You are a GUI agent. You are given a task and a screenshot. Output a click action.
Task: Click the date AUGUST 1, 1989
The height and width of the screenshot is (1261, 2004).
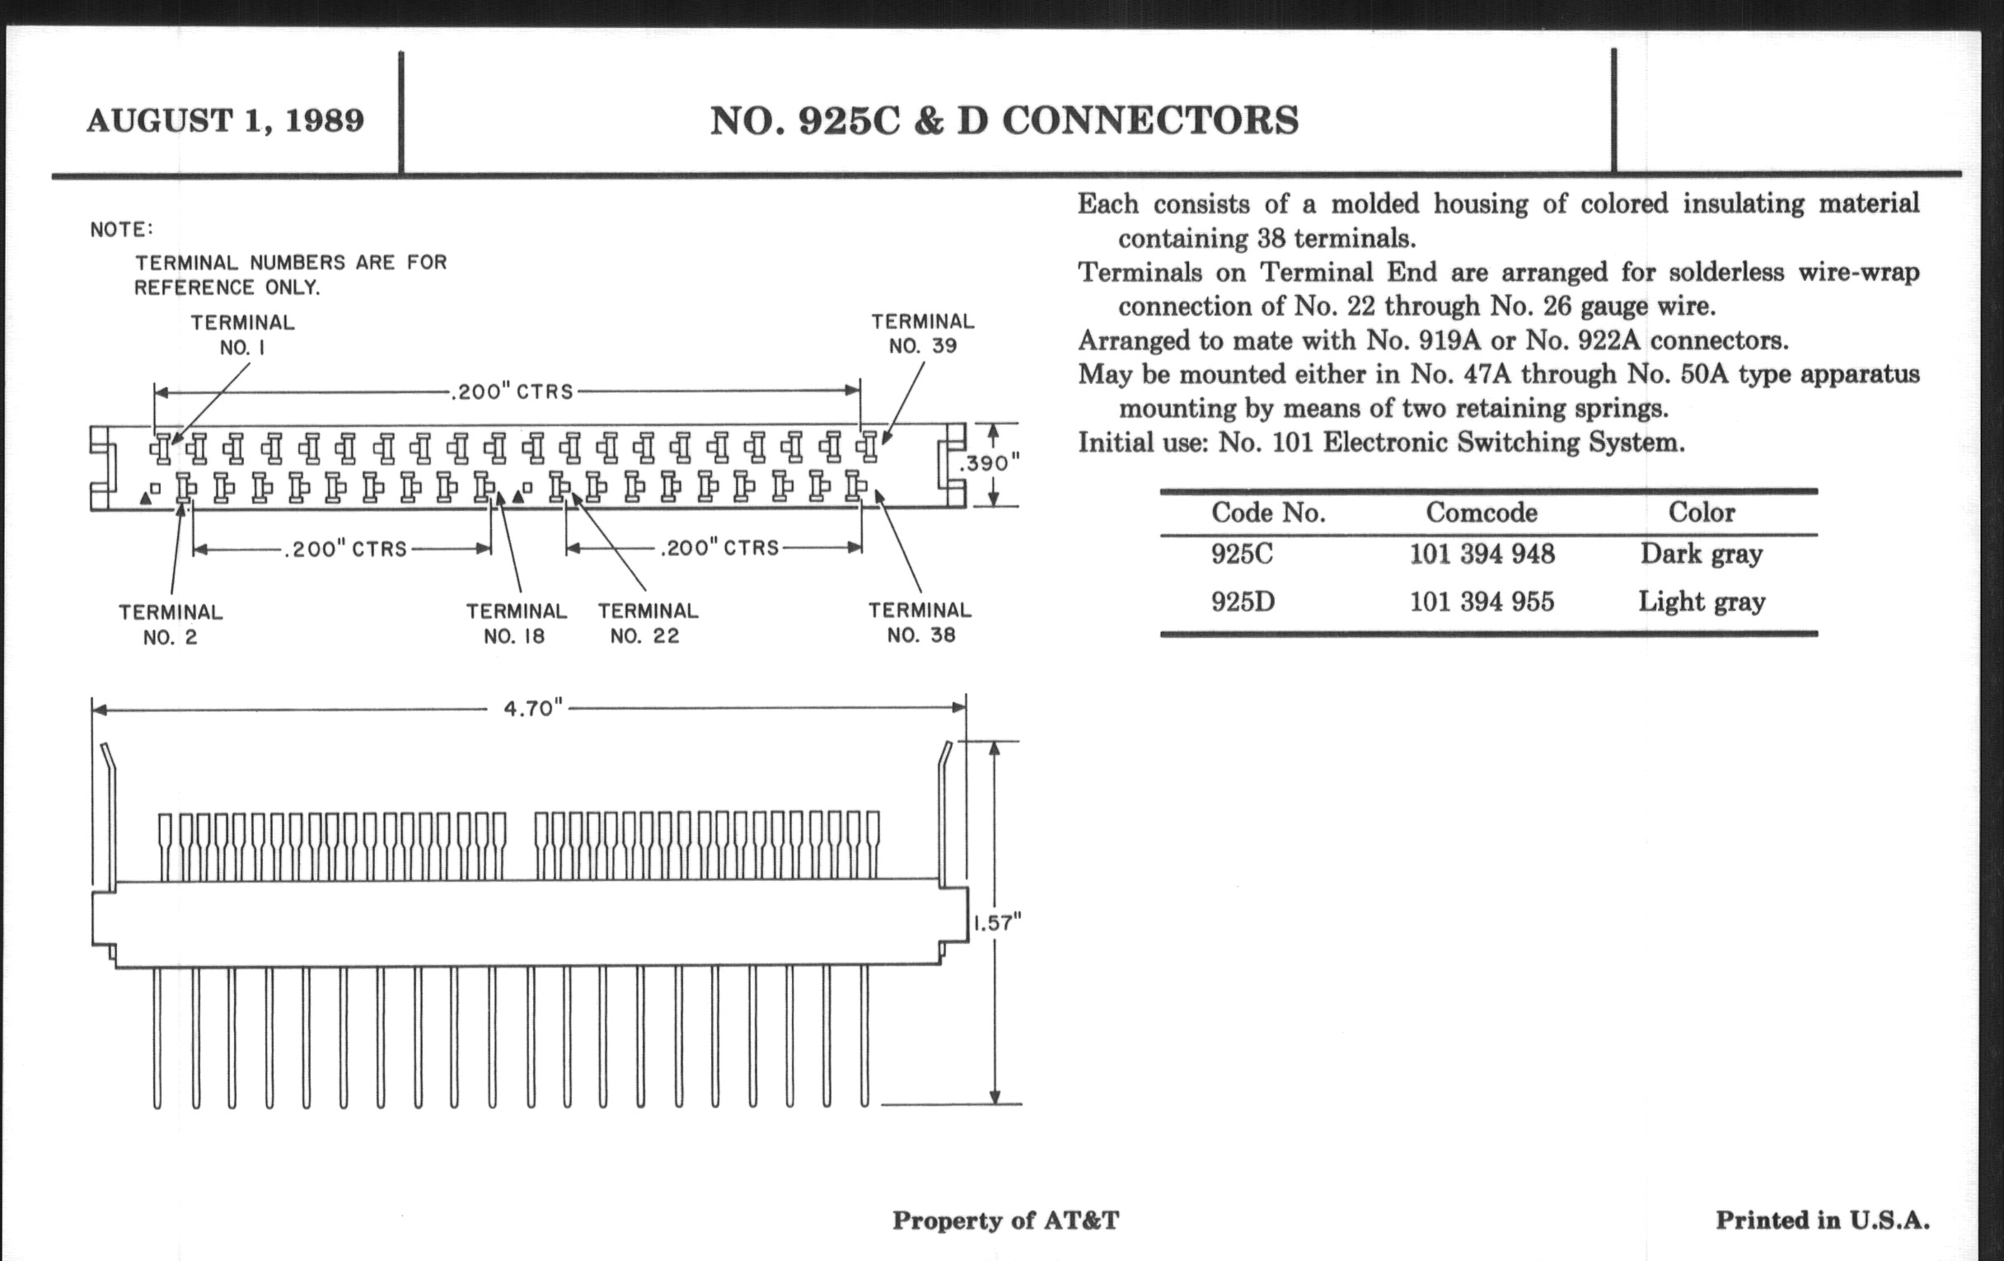click(x=226, y=120)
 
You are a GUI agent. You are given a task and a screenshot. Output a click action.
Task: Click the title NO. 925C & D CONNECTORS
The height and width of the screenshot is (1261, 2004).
click(x=1004, y=120)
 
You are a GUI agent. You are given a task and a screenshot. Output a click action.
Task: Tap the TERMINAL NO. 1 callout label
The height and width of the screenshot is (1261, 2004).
click(x=242, y=335)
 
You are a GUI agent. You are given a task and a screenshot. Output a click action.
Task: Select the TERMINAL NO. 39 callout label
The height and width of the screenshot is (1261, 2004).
click(x=923, y=334)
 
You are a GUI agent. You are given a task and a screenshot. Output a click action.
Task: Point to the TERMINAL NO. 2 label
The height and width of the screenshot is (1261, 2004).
click(x=171, y=625)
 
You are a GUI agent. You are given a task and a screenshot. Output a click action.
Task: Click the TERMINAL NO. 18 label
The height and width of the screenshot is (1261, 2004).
click(x=516, y=623)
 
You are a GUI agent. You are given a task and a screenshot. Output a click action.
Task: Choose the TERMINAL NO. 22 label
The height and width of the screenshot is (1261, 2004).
click(x=648, y=623)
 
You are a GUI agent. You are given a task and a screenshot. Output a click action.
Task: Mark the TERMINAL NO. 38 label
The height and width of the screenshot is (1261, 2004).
click(x=920, y=622)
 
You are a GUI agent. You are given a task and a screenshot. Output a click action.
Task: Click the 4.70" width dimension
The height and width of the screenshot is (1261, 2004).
click(x=532, y=708)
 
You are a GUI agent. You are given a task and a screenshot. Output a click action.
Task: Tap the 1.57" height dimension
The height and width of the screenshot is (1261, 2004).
click(x=996, y=922)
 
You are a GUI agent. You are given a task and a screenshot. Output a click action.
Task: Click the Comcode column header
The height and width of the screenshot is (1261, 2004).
click(x=1482, y=513)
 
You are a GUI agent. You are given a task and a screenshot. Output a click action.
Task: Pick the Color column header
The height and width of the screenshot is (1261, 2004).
click(x=1701, y=512)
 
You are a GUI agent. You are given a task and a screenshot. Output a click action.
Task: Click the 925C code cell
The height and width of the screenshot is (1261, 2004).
click(x=1242, y=555)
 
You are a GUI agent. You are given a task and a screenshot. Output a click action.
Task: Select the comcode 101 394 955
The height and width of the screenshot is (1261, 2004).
click(x=1482, y=602)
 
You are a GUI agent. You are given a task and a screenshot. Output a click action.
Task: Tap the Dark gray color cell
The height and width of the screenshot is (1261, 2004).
click(x=1701, y=555)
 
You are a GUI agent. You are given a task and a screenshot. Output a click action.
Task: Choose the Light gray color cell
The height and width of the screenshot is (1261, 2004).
click(x=1701, y=602)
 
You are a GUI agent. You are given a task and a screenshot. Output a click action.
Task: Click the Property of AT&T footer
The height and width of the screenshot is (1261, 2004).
click(x=1005, y=1221)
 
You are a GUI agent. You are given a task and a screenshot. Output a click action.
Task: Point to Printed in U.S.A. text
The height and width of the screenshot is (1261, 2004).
click(x=1823, y=1221)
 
